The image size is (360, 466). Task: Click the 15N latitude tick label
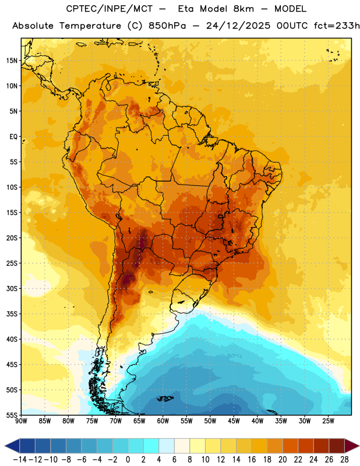point(12,61)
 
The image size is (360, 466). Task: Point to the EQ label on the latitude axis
point(13,137)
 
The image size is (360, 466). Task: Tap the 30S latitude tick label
point(12,288)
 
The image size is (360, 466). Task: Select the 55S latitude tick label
point(12,415)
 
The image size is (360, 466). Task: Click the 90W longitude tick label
point(21,421)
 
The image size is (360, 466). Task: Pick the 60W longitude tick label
point(163,421)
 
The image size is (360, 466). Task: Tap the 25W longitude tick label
point(328,421)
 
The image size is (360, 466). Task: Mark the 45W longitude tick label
point(234,421)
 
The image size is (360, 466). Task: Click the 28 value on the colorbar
point(344,460)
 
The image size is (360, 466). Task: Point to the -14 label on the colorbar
point(20,460)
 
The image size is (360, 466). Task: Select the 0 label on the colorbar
point(128,460)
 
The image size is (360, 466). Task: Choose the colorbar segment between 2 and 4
point(151,446)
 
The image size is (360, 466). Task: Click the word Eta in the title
point(186,9)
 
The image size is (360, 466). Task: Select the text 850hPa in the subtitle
point(167,26)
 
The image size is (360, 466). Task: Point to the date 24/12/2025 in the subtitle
point(238,26)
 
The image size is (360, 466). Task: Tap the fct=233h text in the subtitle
point(337,26)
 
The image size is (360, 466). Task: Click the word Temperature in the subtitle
point(90,26)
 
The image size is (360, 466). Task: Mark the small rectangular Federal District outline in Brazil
point(221,217)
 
